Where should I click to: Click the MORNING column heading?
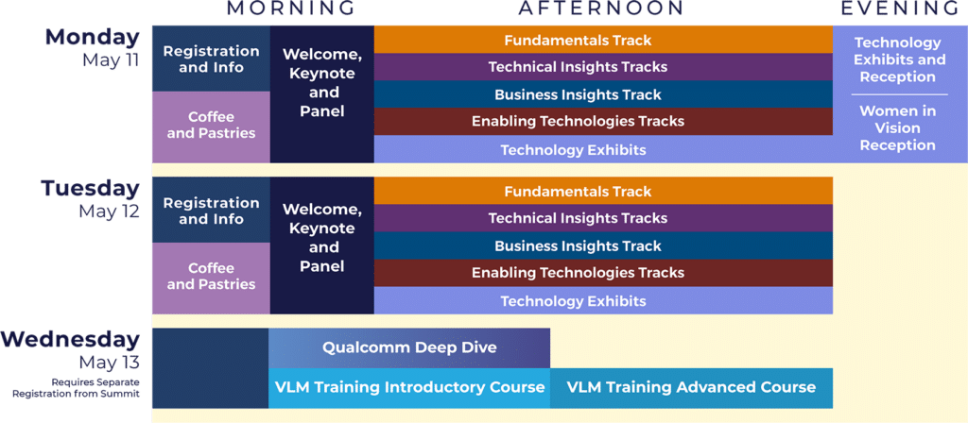pyautogui.click(x=291, y=8)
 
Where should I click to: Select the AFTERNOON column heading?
pyautogui.click(x=601, y=8)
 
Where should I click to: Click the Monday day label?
pyautogui.click(x=93, y=37)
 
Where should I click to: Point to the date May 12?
pyautogui.click(x=109, y=211)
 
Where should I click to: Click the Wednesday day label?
pyautogui.click(x=70, y=340)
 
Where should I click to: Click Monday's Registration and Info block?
pyautogui.click(x=211, y=59)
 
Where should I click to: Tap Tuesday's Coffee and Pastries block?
pyautogui.click(x=211, y=277)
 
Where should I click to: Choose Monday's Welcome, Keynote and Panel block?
pyautogui.click(x=322, y=94)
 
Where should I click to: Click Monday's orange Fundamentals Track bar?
pyautogui.click(x=603, y=40)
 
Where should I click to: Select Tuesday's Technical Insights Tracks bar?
pyautogui.click(x=603, y=218)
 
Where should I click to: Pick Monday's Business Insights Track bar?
pyautogui.click(x=603, y=94)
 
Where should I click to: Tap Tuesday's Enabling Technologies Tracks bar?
pyautogui.click(x=603, y=273)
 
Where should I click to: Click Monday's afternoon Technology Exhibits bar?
pyautogui.click(x=603, y=149)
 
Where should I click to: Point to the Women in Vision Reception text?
pyautogui.click(x=898, y=128)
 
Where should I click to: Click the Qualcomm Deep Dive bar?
pyautogui.click(x=409, y=347)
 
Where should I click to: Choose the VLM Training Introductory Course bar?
pyautogui.click(x=409, y=388)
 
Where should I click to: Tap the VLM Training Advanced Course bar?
pyautogui.click(x=691, y=388)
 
